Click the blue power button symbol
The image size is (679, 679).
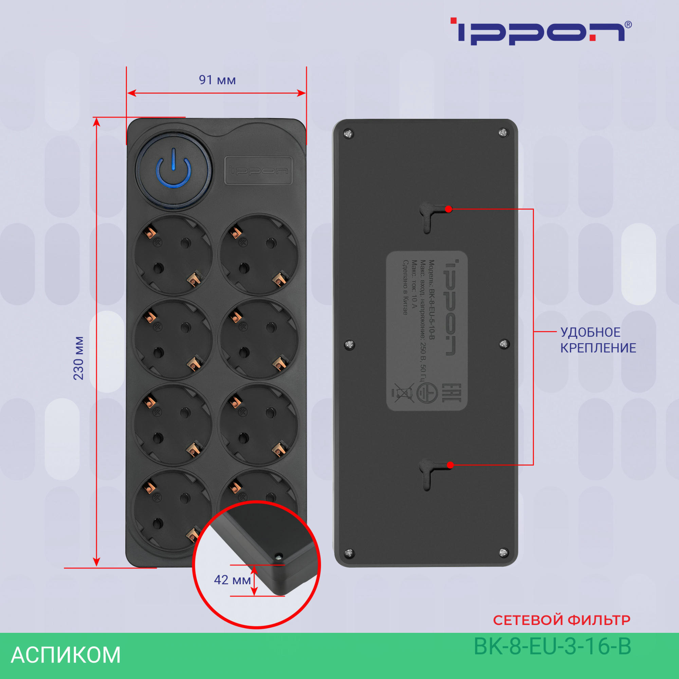pos(173,171)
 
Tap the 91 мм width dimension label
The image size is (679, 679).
pos(217,80)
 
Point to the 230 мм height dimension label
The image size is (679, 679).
pos(79,358)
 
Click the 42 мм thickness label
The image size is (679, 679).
pos(232,580)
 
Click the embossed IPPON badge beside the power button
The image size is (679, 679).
pos(258,170)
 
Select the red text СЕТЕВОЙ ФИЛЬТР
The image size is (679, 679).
pos(562,620)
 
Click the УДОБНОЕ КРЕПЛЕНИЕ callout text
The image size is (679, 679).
pos(598,340)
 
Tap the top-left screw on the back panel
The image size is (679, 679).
pos(349,134)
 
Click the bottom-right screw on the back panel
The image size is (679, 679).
pos(503,552)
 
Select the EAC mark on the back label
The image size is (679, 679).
pos(446,392)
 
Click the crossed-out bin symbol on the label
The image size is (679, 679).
pos(401,392)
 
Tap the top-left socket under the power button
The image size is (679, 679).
pos(172,255)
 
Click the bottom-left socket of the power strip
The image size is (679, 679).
pos(172,510)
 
